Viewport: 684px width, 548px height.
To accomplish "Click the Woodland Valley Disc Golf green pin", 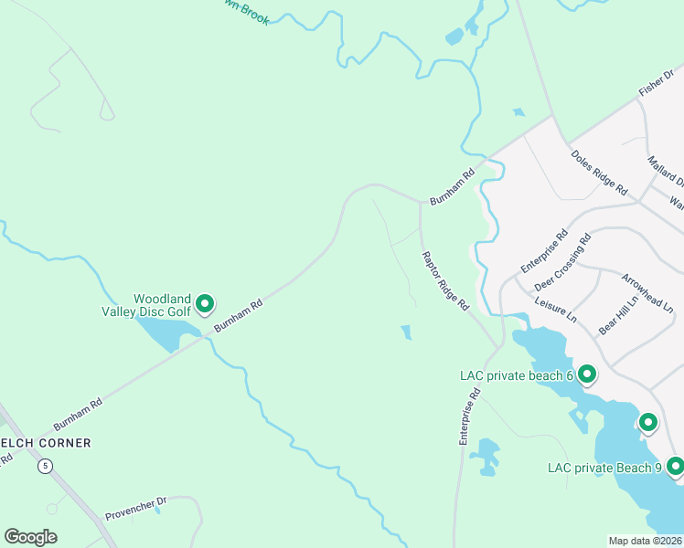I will [205, 303].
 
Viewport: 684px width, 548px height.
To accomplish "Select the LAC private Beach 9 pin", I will [676, 467].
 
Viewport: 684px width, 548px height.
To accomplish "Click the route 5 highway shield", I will [46, 466].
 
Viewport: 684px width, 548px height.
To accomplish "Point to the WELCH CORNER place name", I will [46, 443].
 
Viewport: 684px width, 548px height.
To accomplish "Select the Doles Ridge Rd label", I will [599, 172].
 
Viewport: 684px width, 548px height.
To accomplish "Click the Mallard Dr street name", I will [665, 170].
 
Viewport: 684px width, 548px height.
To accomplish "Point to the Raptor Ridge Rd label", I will [444, 279].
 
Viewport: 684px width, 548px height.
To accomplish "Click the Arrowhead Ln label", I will [647, 293].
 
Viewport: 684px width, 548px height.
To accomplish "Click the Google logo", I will [30, 537].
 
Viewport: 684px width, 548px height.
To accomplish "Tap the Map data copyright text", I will [645, 540].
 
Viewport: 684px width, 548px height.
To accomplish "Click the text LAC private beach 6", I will [516, 374].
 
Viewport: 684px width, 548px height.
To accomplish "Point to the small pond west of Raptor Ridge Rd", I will [406, 332].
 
